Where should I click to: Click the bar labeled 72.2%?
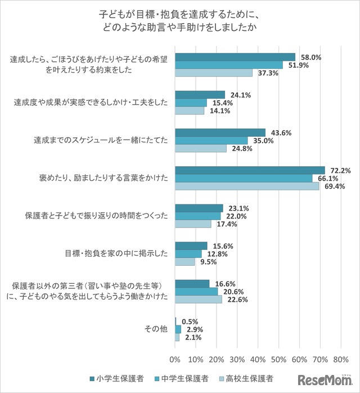250,170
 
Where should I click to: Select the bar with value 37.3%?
214,73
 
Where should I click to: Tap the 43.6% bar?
220,132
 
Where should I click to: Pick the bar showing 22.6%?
199,300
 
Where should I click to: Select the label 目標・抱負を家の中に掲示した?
115,253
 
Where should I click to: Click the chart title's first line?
180,12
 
